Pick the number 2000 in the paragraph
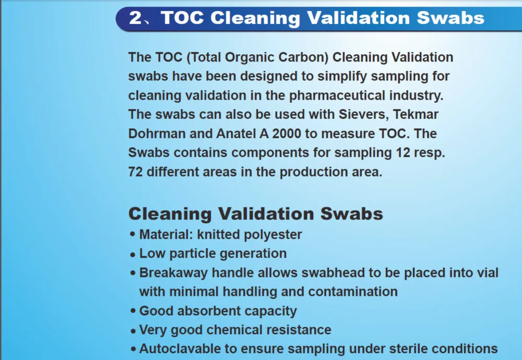284,134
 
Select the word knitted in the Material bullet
211,235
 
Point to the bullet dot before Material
133,235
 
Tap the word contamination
353,292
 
